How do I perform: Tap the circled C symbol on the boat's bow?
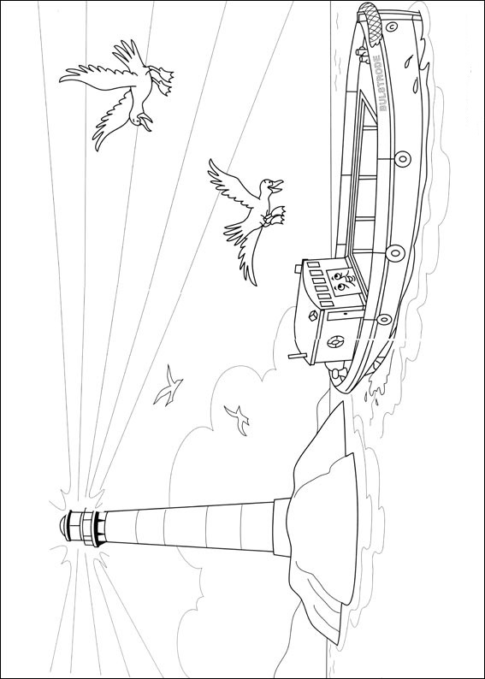pyautogui.click(x=392, y=27)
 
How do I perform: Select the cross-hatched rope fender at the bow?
pyautogui.click(x=370, y=21)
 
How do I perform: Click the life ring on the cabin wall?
pyautogui.click(x=334, y=342)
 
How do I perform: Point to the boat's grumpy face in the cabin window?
pyautogui.click(x=341, y=281)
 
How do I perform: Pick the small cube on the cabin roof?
pyautogui.click(x=313, y=317)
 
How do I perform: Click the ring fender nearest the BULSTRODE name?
pyautogui.click(x=402, y=158)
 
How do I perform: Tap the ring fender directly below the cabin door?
pyautogui.click(x=384, y=319)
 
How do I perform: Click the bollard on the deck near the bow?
pyautogui.click(x=361, y=52)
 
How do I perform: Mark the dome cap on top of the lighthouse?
pyautogui.click(x=65, y=525)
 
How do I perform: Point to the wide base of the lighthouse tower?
pyautogui.click(x=281, y=527)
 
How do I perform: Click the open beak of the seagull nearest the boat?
pyautogui.click(x=275, y=186)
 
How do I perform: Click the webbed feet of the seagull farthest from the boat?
pyautogui.click(x=163, y=80)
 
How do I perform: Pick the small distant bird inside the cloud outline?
pyautogui.click(x=237, y=419)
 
